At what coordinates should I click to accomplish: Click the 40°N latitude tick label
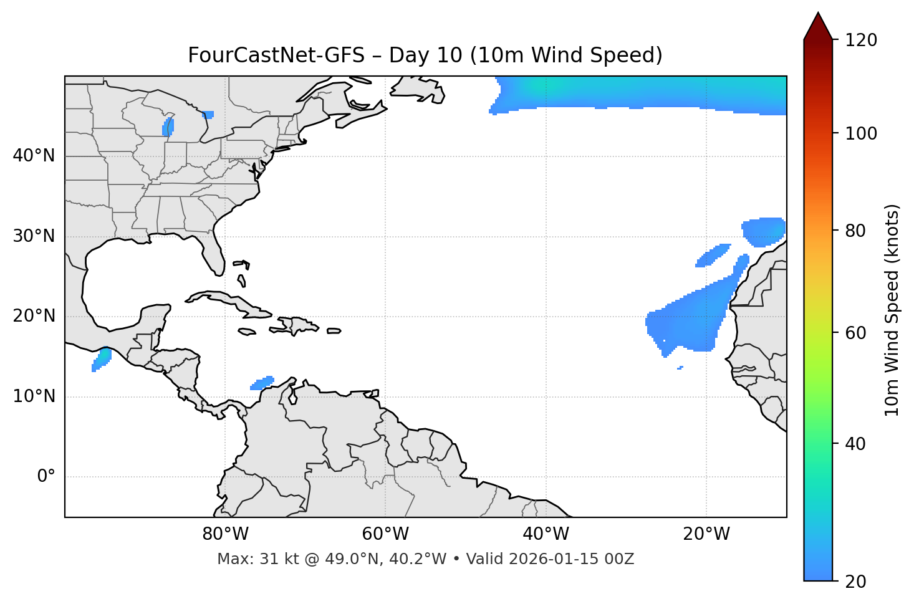point(34,156)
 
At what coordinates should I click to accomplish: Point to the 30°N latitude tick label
point(34,236)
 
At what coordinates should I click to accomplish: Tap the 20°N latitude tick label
point(34,316)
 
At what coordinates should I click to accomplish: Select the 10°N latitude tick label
point(34,396)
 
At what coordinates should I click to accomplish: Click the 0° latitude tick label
point(46,477)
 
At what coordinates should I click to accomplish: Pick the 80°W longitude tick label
point(225,534)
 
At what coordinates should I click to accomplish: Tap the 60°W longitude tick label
point(385,534)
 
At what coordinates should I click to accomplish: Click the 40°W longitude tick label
point(546,534)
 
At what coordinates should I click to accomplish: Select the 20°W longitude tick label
point(706,534)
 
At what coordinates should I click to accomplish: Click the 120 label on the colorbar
point(860,41)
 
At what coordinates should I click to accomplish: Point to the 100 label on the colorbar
point(860,133)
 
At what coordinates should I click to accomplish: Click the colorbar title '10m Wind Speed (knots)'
point(892,310)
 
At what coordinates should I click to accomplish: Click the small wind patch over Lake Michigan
point(168,127)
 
